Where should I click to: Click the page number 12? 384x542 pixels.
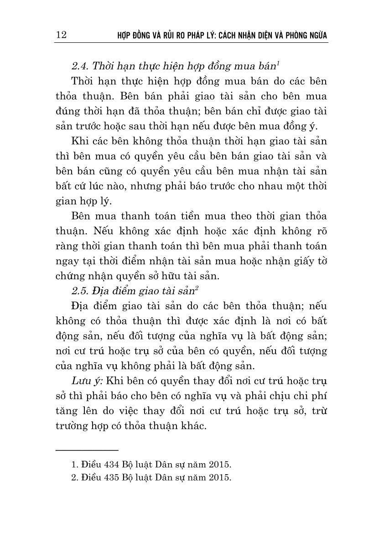pos(61,35)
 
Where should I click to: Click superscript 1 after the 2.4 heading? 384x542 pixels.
pos(278,63)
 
